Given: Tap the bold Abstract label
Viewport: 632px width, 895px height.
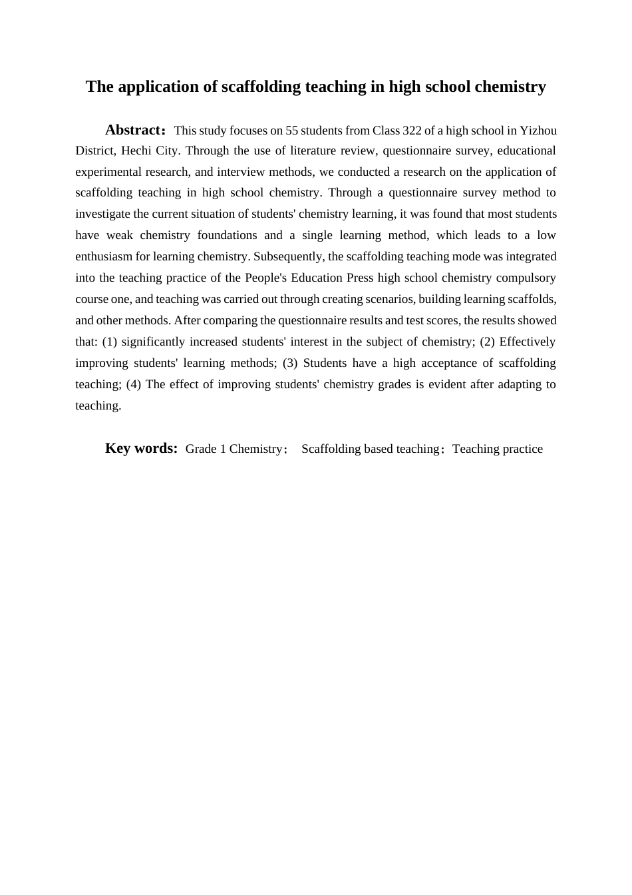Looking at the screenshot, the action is click(133, 130).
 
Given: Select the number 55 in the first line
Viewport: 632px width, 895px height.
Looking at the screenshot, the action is click(291, 131).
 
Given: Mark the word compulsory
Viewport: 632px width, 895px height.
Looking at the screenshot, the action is click(526, 278).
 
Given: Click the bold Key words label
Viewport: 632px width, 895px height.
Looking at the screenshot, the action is click(141, 448).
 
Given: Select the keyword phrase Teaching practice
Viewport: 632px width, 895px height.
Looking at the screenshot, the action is click(498, 449).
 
